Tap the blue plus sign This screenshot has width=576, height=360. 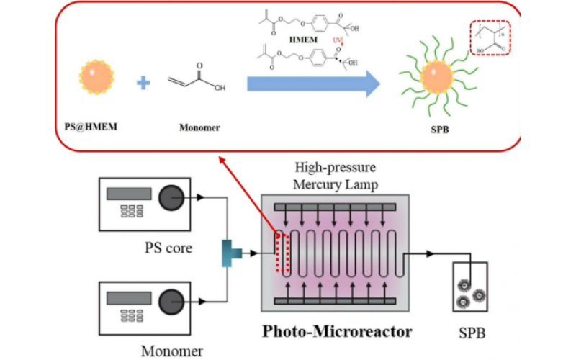click(x=144, y=84)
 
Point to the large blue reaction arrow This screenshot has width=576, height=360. click(x=313, y=84)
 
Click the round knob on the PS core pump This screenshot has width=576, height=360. click(x=171, y=195)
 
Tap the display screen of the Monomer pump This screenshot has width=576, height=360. click(x=129, y=298)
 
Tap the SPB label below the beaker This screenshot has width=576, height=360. click(x=471, y=334)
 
